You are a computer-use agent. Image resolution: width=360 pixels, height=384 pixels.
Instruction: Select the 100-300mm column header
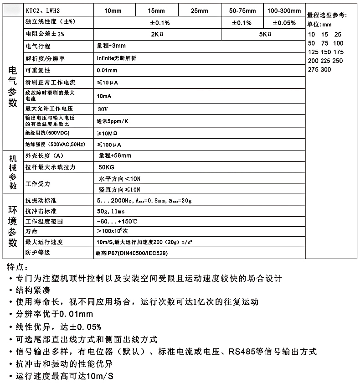[284, 10]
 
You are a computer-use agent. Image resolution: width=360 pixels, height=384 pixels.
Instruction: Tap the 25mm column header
[199, 10]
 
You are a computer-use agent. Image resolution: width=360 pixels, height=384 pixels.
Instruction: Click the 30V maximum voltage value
[103, 109]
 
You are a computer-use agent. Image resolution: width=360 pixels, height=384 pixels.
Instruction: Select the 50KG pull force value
[106, 167]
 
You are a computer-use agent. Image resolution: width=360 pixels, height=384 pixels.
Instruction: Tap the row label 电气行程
[38, 47]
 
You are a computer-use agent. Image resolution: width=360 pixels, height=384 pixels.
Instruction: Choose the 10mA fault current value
[104, 96]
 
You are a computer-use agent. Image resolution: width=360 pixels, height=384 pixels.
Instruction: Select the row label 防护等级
[38, 253]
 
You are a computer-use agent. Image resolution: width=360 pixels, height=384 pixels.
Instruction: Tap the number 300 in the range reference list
[326, 70]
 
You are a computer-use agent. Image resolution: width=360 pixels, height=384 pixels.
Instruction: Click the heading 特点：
[18, 266]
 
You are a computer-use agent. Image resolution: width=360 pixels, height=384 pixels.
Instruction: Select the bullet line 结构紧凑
[34, 290]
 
